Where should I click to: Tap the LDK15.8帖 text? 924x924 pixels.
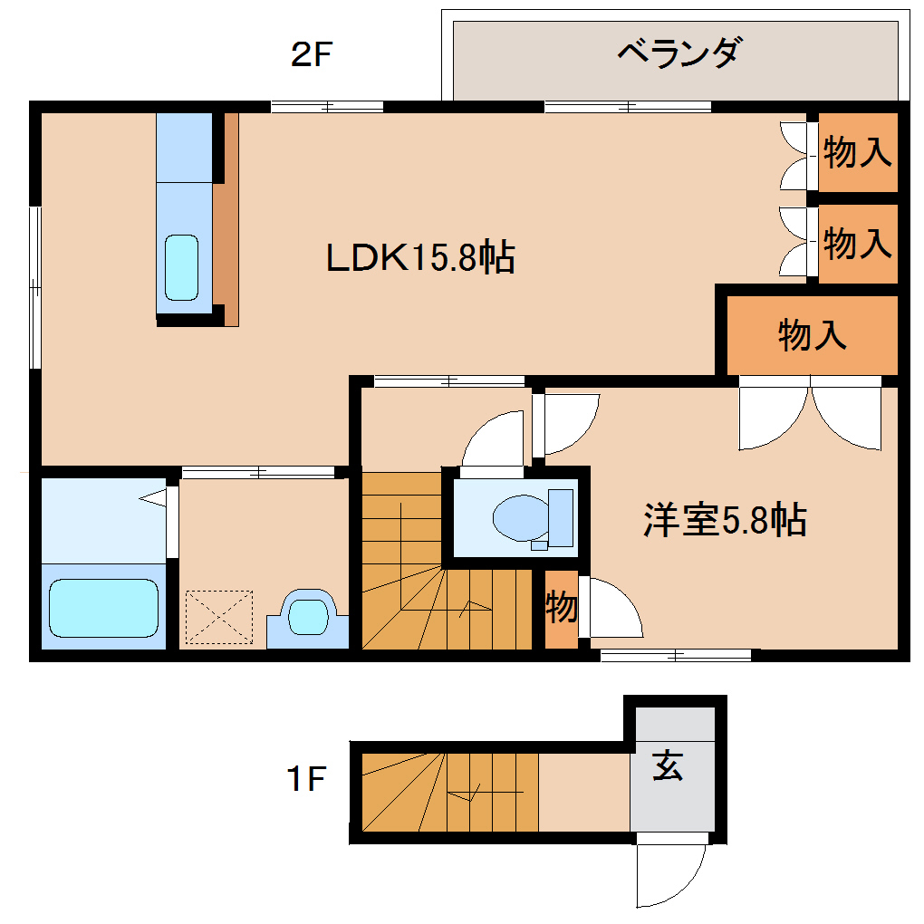420,259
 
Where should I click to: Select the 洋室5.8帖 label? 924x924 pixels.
725,520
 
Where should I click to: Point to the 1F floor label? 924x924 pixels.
306,778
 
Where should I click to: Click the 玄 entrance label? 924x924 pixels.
669,766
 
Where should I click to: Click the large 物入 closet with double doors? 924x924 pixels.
812,335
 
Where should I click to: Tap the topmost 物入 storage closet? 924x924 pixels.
857,152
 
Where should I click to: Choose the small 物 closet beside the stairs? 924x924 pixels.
561,608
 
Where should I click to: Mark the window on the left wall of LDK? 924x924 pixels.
35,287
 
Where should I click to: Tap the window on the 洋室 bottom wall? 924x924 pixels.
676,655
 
